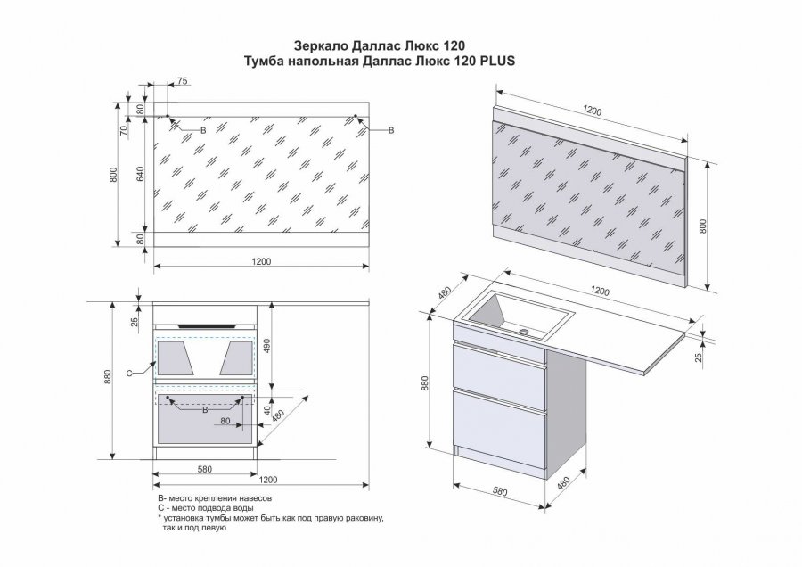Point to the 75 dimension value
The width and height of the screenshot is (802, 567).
[182, 81]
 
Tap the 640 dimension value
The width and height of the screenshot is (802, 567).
[140, 175]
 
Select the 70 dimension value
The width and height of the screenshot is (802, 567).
[125, 128]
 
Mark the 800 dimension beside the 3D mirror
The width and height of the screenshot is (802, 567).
[703, 226]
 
